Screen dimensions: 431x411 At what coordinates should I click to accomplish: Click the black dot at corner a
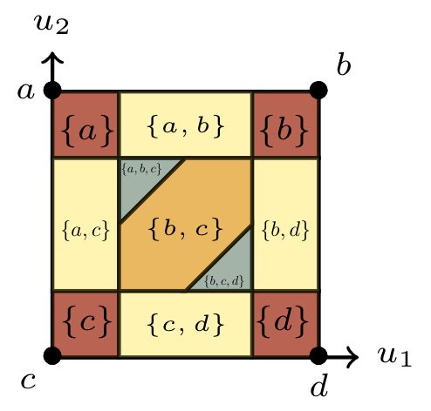(52, 91)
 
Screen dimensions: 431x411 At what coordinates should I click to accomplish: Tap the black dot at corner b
(318, 91)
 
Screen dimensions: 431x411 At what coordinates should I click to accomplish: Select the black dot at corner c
(52, 355)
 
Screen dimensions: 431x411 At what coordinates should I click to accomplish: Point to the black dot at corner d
(318, 355)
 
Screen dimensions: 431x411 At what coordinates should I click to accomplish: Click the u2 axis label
(51, 24)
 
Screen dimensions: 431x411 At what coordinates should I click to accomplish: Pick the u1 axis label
(394, 356)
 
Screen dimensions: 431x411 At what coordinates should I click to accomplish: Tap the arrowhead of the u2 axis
(52, 57)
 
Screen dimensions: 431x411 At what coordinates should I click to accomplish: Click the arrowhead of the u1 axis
(352, 356)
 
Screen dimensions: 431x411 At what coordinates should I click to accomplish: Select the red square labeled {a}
(86, 125)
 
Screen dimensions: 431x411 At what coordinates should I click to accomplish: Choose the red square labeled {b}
(285, 125)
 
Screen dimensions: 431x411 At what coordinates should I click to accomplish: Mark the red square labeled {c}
(86, 323)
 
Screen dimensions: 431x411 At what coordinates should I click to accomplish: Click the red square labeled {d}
(285, 323)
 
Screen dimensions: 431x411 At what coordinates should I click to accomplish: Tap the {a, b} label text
(186, 127)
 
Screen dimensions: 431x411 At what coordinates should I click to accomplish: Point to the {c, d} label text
(186, 324)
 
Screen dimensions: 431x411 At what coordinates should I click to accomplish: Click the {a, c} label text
(86, 231)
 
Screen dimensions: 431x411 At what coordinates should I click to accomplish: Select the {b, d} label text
(285, 230)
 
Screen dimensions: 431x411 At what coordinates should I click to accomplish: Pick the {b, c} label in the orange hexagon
(186, 229)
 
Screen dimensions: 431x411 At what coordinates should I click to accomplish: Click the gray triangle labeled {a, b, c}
(142, 181)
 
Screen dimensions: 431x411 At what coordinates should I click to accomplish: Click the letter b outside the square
(344, 64)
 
